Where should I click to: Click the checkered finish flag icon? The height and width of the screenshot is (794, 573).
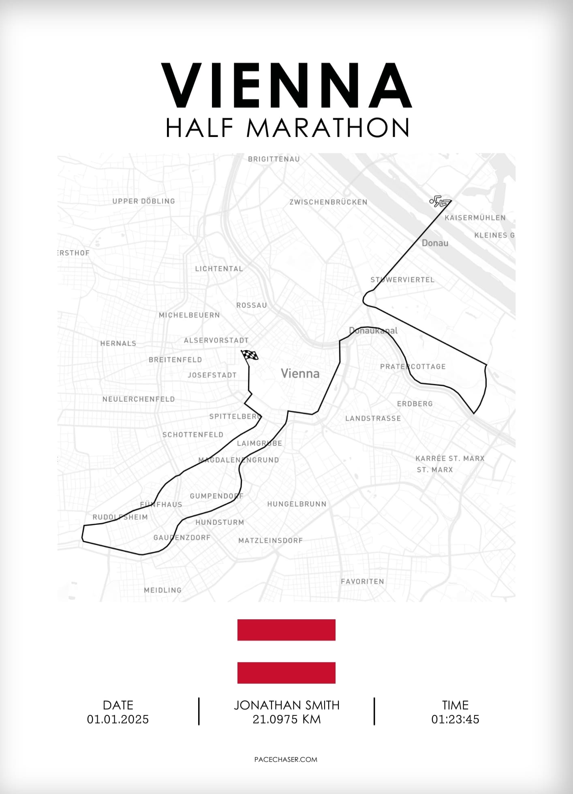(250, 355)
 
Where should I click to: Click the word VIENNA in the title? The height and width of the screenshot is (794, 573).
(286, 86)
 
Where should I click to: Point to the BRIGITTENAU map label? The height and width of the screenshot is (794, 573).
(274, 159)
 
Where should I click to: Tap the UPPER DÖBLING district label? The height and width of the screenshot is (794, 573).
(143, 201)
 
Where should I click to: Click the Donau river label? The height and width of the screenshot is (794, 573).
(435, 243)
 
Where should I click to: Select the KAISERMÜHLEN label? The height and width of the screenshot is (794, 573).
(475, 218)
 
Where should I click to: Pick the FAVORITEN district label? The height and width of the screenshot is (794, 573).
(362, 581)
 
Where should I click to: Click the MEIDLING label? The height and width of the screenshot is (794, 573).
(163, 590)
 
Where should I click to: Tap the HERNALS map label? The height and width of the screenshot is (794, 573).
(118, 343)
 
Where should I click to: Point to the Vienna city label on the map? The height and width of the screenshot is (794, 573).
(300, 373)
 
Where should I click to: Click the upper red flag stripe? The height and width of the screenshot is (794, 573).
(286, 630)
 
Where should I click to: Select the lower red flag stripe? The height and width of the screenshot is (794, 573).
(286, 673)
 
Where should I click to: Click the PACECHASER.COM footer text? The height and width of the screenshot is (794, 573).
(286, 760)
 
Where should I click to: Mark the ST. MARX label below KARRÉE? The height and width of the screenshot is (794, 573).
(435, 470)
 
